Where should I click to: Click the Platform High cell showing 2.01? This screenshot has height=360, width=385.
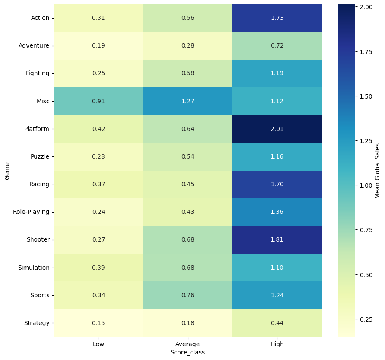(x=277, y=129)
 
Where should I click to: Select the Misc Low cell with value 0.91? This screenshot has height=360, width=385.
(x=99, y=101)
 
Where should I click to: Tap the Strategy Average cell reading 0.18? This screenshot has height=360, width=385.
(x=188, y=323)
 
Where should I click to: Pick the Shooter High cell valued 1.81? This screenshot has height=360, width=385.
(x=277, y=239)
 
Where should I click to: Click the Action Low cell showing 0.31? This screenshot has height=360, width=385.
(x=99, y=18)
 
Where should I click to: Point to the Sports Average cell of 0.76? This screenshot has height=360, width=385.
(x=188, y=295)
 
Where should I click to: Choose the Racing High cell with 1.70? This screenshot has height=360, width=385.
(x=277, y=184)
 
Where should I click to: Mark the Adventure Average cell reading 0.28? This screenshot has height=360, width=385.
(x=188, y=45)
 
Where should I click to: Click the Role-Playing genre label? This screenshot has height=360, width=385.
(x=31, y=212)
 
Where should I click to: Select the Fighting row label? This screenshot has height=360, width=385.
(x=38, y=73)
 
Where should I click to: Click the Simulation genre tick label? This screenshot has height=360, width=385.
(x=34, y=268)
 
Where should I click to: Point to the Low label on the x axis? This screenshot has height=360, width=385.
(x=99, y=344)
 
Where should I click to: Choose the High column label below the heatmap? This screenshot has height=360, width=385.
(x=277, y=344)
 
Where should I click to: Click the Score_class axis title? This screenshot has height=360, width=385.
(x=188, y=352)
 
